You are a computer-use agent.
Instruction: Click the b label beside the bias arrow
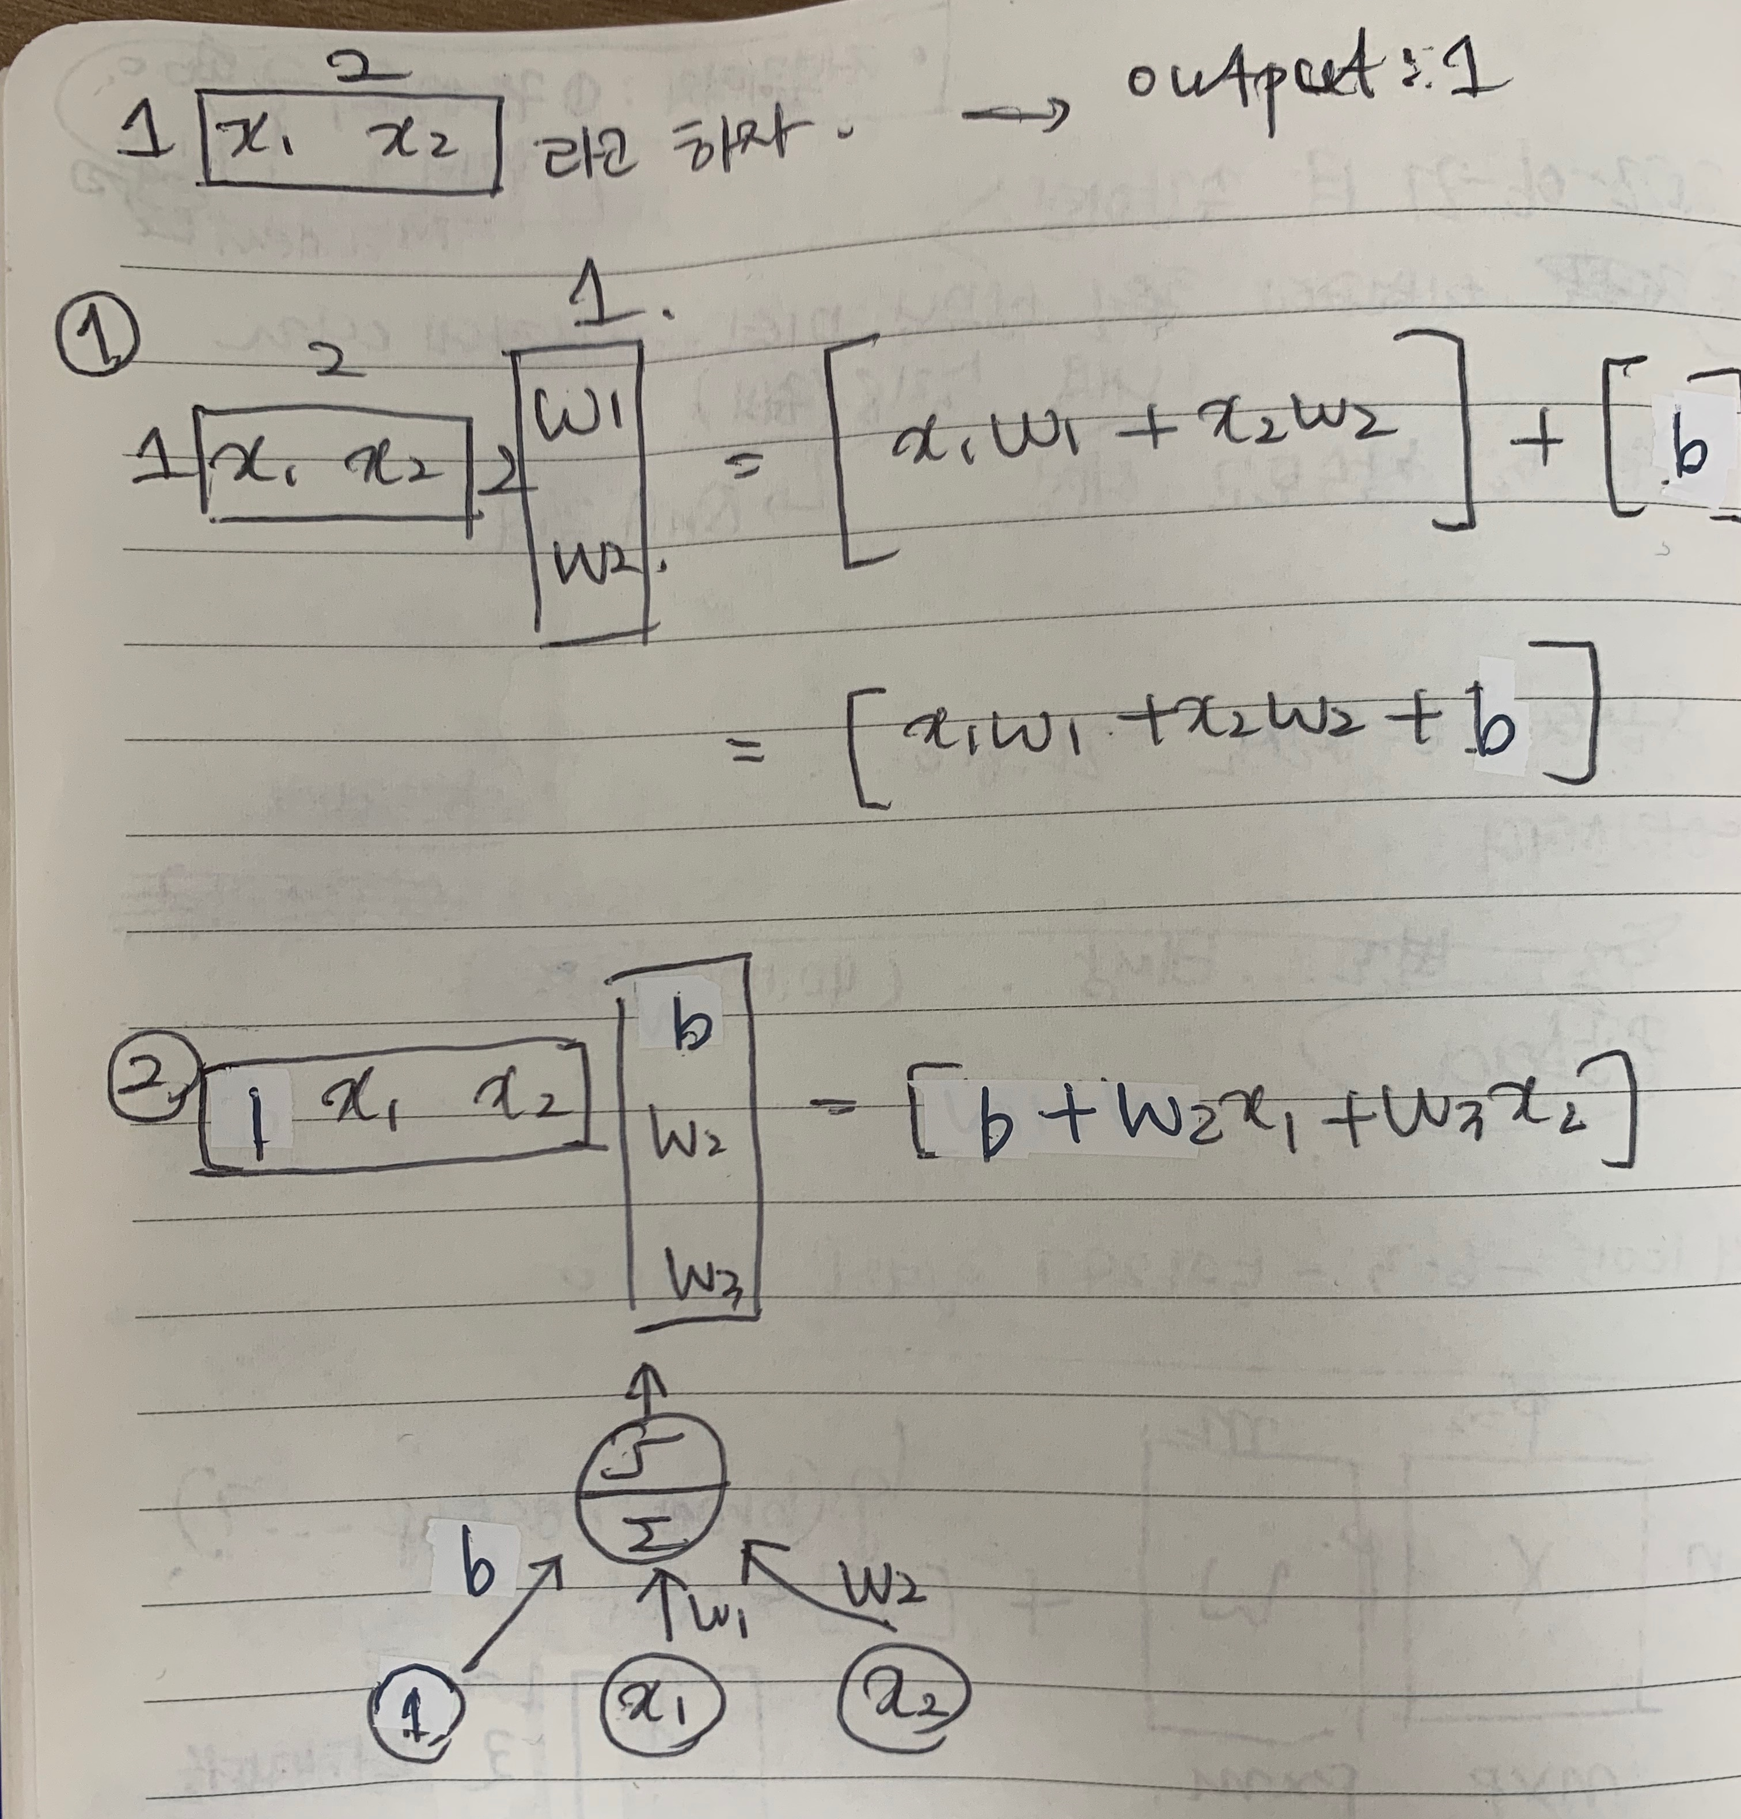tap(479, 1569)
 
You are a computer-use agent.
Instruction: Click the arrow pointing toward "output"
tap(1015, 116)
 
